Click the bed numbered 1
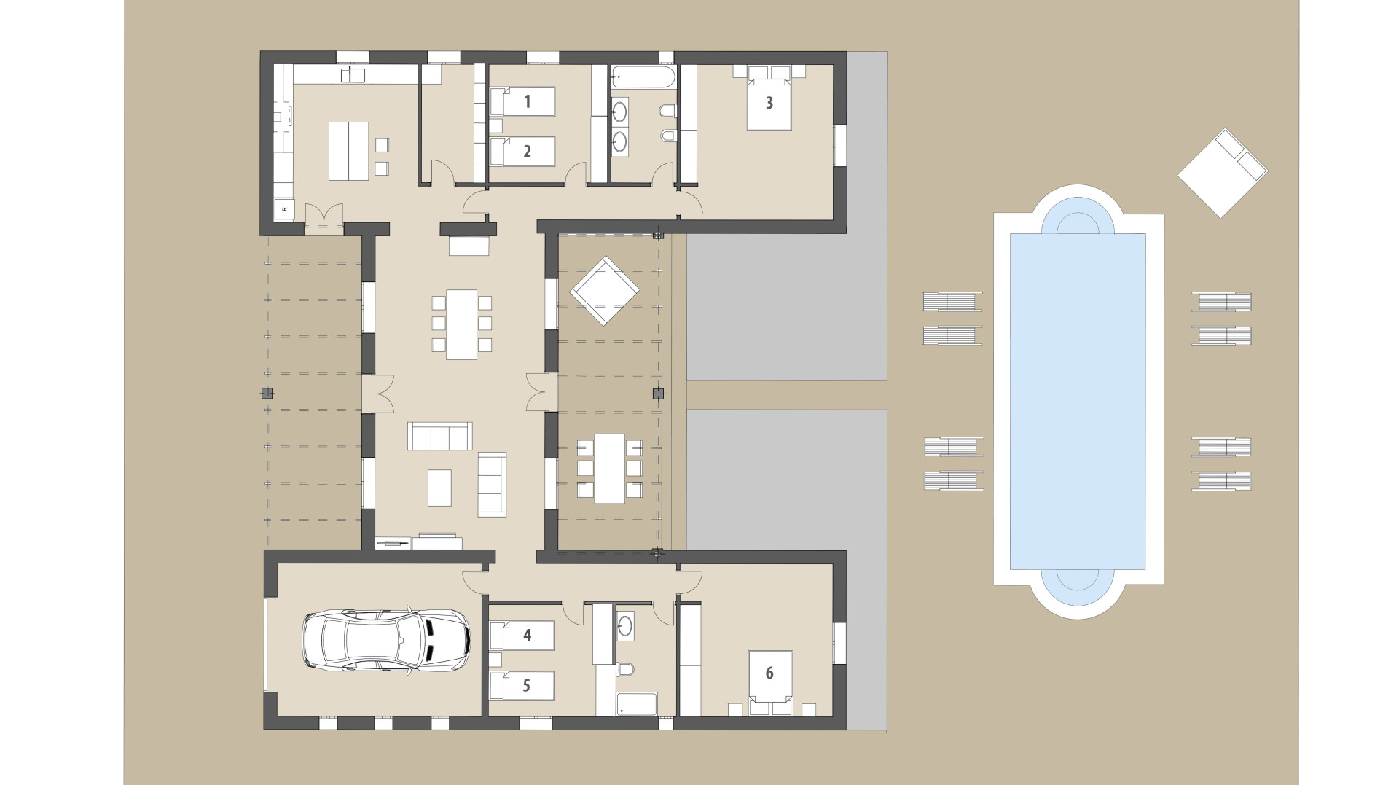pos(522,102)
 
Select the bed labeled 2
pos(522,152)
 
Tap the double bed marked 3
pos(769,104)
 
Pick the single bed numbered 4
pos(522,636)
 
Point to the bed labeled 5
pos(522,685)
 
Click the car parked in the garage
pos(386,639)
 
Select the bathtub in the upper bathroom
pos(643,77)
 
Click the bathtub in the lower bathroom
pos(637,704)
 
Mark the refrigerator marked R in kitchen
pos(284,209)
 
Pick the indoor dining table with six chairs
pos(461,324)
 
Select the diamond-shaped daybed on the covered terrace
pos(604,291)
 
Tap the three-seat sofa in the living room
pos(439,437)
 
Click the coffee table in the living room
pos(439,488)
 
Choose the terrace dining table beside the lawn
pos(609,469)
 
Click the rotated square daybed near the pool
pos(1222,173)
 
